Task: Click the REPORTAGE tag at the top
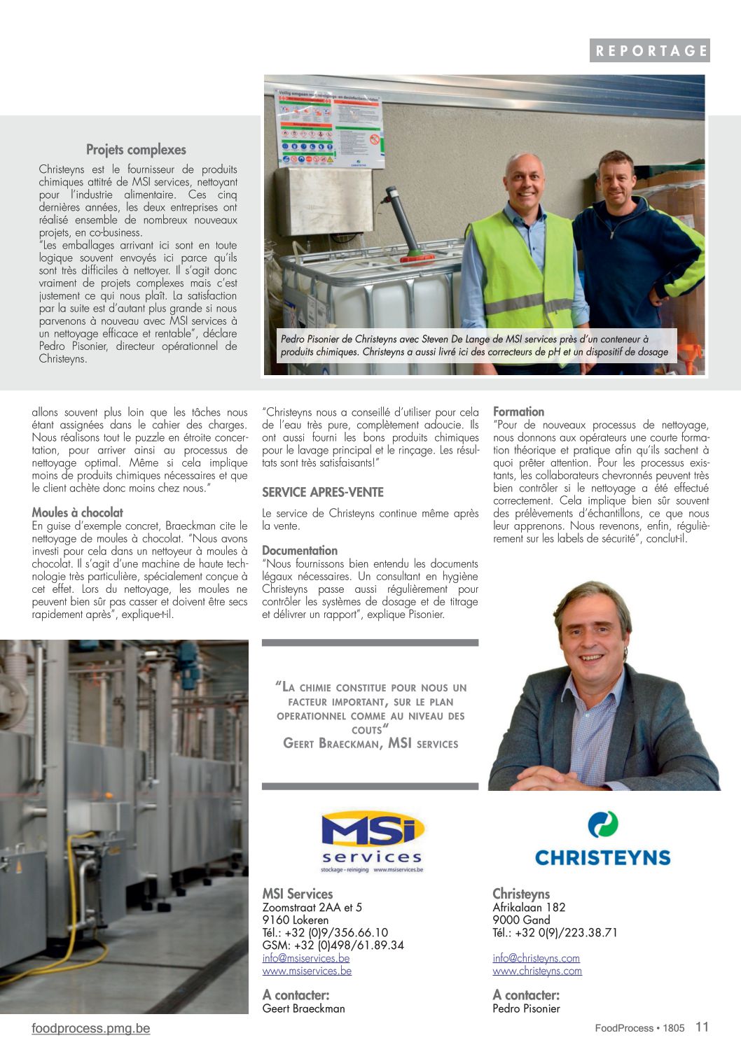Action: click(649, 50)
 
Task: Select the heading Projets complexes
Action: click(136, 150)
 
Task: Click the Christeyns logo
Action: click(602, 839)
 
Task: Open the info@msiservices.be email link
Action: click(306, 958)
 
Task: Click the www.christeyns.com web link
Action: click(537, 971)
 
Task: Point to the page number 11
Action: click(702, 1027)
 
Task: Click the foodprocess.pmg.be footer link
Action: click(91, 1028)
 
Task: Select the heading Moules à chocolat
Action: click(78, 512)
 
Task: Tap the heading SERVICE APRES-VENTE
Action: click(323, 492)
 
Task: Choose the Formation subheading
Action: click(518, 412)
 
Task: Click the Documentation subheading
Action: click(300, 551)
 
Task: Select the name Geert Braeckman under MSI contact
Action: click(303, 1009)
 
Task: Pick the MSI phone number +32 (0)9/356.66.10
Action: click(325, 933)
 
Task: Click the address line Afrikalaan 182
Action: click(529, 908)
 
